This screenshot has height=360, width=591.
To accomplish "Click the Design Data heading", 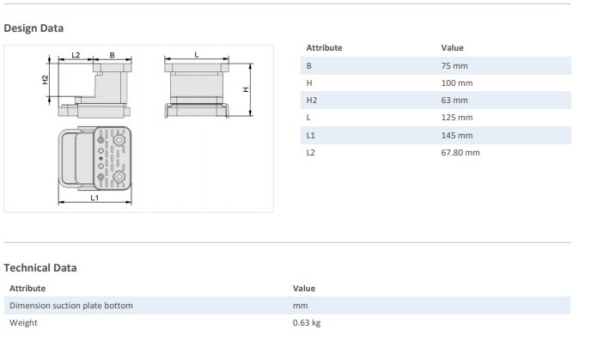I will [x=34, y=27].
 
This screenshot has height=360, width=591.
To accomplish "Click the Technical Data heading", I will [x=40, y=267].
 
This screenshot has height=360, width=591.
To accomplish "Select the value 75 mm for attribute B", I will [x=455, y=65].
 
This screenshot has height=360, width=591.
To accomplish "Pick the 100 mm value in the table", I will [x=457, y=82].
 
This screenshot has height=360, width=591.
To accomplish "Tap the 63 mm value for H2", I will [x=455, y=100].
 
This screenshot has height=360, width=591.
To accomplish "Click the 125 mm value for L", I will [x=457, y=117].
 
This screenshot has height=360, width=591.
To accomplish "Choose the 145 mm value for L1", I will [x=457, y=135].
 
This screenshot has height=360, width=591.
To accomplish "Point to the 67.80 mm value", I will [x=460, y=152].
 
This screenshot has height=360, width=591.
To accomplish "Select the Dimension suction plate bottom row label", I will [x=70, y=305].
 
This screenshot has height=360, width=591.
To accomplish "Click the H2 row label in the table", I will [x=311, y=100].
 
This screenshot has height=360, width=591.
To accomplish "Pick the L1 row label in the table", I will [x=310, y=135].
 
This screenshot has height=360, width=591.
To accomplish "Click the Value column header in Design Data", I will [x=452, y=47].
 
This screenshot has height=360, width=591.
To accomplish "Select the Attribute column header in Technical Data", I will [x=27, y=288].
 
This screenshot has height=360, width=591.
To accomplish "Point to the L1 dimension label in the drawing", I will [x=94, y=198].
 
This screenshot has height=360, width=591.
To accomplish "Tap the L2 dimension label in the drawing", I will [x=76, y=55].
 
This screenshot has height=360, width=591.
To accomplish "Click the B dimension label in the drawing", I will [x=113, y=55].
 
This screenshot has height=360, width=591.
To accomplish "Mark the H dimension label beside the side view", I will [x=245, y=88].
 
